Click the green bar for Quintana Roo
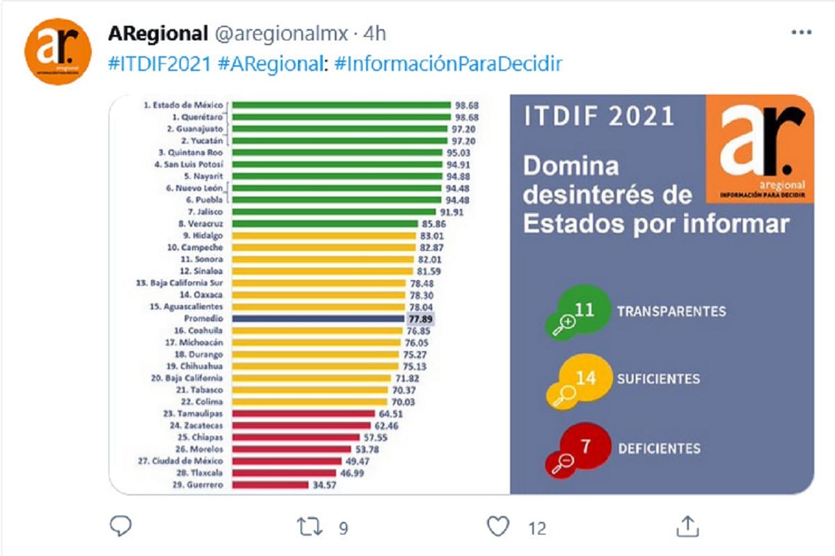[x=337, y=152]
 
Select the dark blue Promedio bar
[x=318, y=319]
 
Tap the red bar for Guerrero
[x=270, y=485]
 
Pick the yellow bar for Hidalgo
[x=324, y=236]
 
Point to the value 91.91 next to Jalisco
[x=452, y=212]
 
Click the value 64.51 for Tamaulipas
[x=390, y=414]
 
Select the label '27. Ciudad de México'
[x=180, y=461]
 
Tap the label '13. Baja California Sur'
[x=180, y=283]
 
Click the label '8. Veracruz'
[x=200, y=224]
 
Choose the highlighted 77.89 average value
[x=420, y=319]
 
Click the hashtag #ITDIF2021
[x=160, y=63]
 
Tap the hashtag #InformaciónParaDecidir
[x=448, y=63]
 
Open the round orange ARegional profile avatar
[x=58, y=51]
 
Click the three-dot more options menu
[x=802, y=33]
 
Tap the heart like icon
[x=498, y=526]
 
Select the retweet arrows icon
[x=310, y=527]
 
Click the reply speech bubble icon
[x=121, y=526]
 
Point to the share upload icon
[x=687, y=526]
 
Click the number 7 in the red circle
[x=586, y=446]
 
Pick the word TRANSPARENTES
[x=671, y=311]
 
